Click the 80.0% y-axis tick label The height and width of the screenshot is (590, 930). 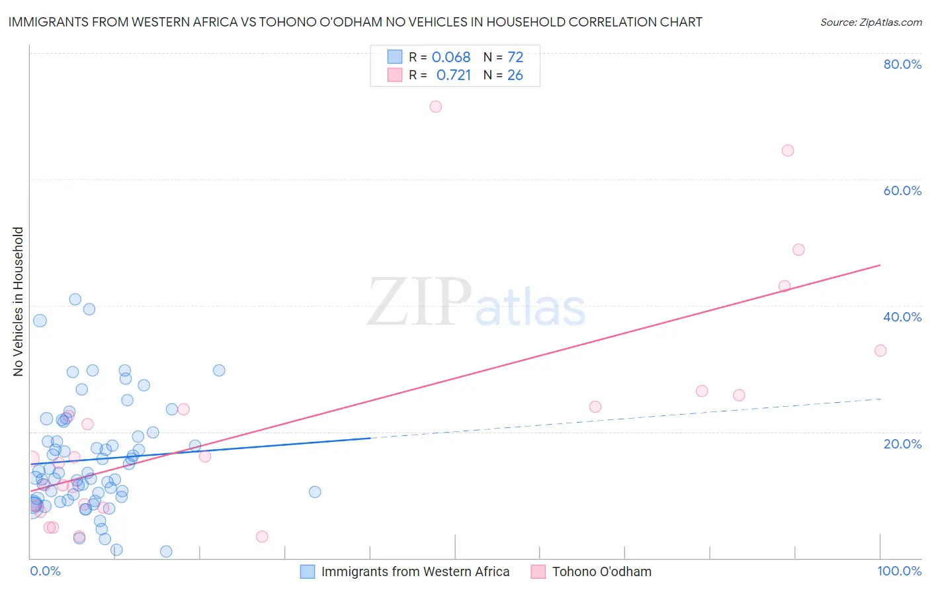(902, 64)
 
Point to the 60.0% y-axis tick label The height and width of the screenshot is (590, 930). (902, 190)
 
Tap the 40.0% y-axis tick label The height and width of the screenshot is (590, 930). (902, 317)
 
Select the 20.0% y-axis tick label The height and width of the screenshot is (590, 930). (902, 443)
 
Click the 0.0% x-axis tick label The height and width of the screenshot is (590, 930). (45, 571)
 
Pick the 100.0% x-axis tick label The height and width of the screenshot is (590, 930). (899, 571)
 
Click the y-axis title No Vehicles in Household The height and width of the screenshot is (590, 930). (19, 302)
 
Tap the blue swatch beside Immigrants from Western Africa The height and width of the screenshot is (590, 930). (308, 571)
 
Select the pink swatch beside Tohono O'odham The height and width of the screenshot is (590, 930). (538, 571)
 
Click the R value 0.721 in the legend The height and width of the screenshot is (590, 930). (454, 75)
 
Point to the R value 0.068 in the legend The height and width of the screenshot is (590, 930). (451, 57)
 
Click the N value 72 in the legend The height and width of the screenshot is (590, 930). (515, 57)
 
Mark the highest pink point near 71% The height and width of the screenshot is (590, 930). (435, 106)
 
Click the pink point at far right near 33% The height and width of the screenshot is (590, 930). (880, 351)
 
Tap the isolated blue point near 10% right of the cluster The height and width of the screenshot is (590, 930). (315, 491)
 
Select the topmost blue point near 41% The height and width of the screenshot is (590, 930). (75, 300)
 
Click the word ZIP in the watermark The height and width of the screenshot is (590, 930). (419, 302)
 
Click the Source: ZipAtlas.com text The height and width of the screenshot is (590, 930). (870, 22)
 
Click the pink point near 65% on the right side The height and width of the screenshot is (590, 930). (788, 150)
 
